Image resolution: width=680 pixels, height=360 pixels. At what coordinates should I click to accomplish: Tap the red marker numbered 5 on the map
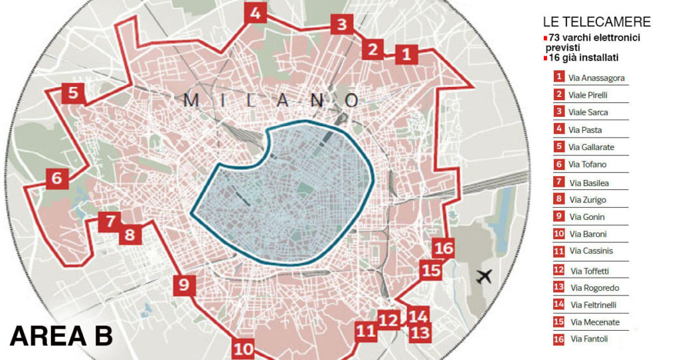tap(73, 94)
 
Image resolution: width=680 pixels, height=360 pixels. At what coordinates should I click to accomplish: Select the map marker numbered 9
tap(185, 286)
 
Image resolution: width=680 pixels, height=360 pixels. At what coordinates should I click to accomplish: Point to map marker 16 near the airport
tap(443, 249)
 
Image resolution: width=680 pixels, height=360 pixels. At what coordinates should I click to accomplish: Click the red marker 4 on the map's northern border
tap(255, 13)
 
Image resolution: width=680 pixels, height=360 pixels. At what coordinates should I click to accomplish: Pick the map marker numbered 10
tap(244, 349)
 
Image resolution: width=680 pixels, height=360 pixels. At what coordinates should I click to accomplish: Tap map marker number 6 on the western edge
tap(56, 178)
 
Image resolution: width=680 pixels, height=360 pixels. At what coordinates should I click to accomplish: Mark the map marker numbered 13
tap(420, 332)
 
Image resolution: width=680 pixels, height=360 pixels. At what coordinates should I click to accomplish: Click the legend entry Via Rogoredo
tap(594, 288)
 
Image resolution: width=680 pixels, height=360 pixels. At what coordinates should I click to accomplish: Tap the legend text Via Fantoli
tap(589, 339)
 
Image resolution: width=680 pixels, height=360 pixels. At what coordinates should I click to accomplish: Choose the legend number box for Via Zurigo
tap(560, 199)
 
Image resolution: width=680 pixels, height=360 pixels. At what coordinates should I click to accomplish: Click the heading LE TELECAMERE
tap(596, 22)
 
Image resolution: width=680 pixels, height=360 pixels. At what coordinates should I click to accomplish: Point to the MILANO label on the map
tap(272, 100)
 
